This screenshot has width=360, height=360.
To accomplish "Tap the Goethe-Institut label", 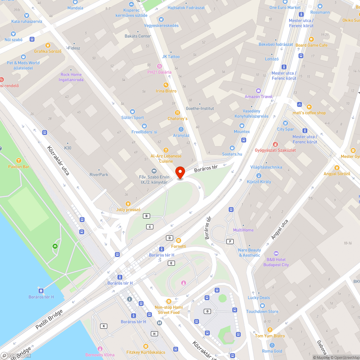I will (x=200, y=108).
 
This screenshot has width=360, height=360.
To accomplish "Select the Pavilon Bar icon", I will (x=19, y=161).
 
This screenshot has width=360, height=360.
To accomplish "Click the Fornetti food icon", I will (x=179, y=240).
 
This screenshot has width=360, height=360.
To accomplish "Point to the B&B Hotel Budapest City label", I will (x=276, y=262).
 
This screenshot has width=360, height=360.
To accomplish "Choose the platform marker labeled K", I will (x=104, y=326).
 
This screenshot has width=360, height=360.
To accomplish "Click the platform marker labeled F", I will (x=229, y=241).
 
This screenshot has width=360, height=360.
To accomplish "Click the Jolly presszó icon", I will (x=127, y=204).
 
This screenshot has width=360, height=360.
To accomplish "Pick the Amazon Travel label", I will (x=258, y=96).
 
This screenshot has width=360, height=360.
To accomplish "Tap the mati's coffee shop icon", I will (x=309, y=107).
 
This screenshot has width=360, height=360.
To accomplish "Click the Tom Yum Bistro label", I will (x=270, y=336).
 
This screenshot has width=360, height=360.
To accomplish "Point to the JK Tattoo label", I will (x=171, y=57).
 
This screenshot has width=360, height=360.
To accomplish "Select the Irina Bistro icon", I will (x=166, y=85).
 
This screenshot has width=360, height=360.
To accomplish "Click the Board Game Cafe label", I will (x=311, y=45).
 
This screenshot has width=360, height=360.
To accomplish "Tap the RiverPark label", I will (x=99, y=175).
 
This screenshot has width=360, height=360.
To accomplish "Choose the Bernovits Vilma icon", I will (x=100, y=349).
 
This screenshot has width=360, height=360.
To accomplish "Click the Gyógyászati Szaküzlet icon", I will (x=276, y=144).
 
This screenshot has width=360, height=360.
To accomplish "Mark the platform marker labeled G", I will (x=207, y=311).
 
